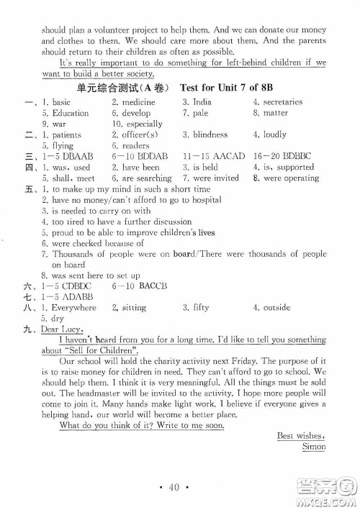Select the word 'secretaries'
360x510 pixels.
pyautogui.click(x=282, y=102)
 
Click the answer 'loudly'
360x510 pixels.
pyautogui.click(x=274, y=135)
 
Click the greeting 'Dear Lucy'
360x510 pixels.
pyautogui.click(x=60, y=329)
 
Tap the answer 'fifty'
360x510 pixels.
pyautogui.click(x=201, y=307)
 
